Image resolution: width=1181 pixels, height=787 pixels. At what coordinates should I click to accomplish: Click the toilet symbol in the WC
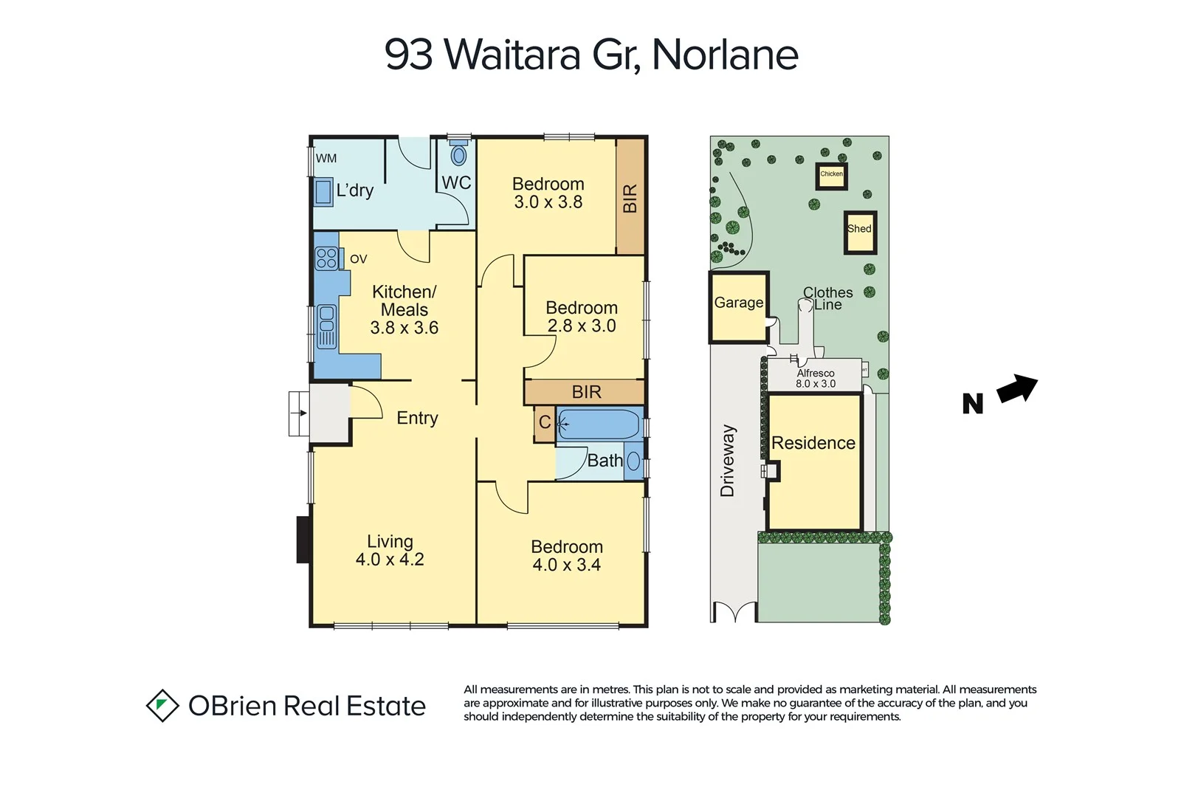pyautogui.click(x=459, y=155)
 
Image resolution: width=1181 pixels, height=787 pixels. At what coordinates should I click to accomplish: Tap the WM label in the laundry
pyautogui.click(x=326, y=158)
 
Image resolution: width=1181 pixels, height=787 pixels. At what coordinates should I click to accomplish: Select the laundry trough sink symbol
pyautogui.click(x=323, y=192)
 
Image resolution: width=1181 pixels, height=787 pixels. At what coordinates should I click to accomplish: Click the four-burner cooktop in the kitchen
pyautogui.click(x=326, y=258)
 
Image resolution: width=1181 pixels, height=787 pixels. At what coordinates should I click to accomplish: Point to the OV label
pyautogui.click(x=359, y=259)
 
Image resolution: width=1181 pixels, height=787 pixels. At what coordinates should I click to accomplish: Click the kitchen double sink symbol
pyautogui.click(x=326, y=326)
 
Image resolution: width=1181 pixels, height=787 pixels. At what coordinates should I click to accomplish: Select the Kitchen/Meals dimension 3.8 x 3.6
pyautogui.click(x=404, y=328)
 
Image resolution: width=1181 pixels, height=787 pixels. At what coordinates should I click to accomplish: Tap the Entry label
pyautogui.click(x=417, y=418)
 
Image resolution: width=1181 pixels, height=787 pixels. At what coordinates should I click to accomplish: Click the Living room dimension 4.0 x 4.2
pyautogui.click(x=390, y=560)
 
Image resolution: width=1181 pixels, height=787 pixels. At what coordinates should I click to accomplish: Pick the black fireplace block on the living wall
pyautogui.click(x=303, y=539)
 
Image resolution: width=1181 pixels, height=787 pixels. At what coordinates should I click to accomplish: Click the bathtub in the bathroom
pyautogui.click(x=598, y=425)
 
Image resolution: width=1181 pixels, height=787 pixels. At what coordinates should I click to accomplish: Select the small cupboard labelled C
pyautogui.click(x=545, y=423)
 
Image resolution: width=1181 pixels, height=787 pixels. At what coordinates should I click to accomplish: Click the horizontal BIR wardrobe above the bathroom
pyautogui.click(x=585, y=392)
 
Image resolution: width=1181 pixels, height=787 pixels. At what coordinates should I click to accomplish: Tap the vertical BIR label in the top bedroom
pyautogui.click(x=630, y=198)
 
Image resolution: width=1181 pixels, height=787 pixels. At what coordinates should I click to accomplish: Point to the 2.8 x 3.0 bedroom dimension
pyautogui.click(x=582, y=326)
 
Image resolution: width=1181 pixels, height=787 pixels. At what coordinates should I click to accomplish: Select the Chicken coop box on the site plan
pyautogui.click(x=832, y=176)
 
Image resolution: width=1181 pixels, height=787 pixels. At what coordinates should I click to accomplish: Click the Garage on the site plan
pyautogui.click(x=739, y=306)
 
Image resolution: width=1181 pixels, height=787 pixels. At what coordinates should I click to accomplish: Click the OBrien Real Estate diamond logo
pyautogui.click(x=162, y=706)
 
